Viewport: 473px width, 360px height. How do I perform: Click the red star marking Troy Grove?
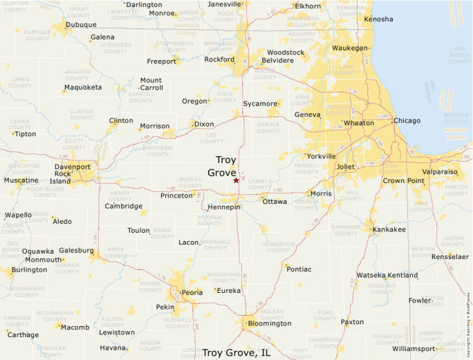click(x=236, y=180)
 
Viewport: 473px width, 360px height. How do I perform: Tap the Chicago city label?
click(x=407, y=121)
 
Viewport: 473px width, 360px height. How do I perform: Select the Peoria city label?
click(x=192, y=292)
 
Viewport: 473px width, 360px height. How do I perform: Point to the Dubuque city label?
click(x=81, y=25)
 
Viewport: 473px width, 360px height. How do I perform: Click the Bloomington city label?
click(x=270, y=323)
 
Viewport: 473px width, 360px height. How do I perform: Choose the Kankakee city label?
click(x=389, y=229)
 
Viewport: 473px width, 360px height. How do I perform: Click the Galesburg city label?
click(x=77, y=250)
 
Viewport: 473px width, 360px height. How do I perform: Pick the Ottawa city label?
click(x=275, y=202)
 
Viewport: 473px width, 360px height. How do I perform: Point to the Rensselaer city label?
click(x=450, y=256)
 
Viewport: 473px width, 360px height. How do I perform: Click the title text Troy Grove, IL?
click(x=236, y=352)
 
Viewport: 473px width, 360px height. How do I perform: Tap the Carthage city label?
click(x=24, y=334)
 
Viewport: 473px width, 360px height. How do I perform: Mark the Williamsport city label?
click(x=414, y=348)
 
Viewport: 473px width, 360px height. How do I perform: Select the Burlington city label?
click(x=29, y=269)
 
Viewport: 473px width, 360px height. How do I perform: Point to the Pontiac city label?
click(x=299, y=269)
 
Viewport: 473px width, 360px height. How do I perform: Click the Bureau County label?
click(x=191, y=182)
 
